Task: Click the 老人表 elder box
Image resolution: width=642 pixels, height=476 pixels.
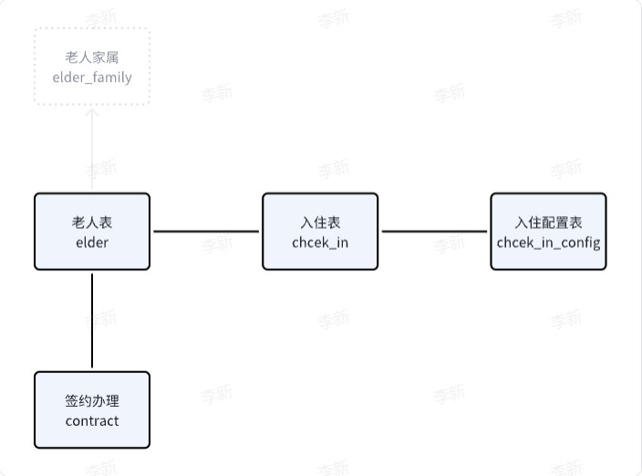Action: click(x=92, y=232)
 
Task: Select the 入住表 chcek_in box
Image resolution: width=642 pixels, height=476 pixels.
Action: click(x=320, y=232)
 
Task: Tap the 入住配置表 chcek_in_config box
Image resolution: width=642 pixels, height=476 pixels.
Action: click(x=548, y=232)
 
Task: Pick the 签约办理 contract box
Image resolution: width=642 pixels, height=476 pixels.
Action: click(x=92, y=410)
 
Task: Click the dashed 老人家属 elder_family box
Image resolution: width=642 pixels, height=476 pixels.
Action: click(x=92, y=67)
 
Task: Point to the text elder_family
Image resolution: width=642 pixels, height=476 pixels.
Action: click(x=92, y=78)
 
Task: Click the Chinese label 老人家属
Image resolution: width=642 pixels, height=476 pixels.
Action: click(x=92, y=57)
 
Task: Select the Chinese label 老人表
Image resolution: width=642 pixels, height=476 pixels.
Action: click(x=92, y=222)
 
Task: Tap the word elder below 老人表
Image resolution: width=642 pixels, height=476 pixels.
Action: click(x=92, y=243)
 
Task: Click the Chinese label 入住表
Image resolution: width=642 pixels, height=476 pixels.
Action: click(x=320, y=222)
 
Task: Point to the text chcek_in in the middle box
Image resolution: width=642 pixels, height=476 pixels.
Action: click(x=320, y=243)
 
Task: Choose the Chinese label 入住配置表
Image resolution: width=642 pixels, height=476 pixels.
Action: click(x=548, y=222)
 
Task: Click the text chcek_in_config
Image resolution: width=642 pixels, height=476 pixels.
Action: click(x=548, y=243)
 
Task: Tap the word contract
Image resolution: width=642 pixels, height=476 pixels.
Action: click(x=92, y=421)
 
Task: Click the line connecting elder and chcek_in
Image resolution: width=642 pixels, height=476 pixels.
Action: click(x=206, y=232)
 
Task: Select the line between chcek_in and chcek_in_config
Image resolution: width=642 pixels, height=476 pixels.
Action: click(x=434, y=232)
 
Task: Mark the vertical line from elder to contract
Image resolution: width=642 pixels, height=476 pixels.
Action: click(x=92, y=321)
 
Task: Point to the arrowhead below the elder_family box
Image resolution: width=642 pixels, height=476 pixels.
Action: click(x=92, y=112)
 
